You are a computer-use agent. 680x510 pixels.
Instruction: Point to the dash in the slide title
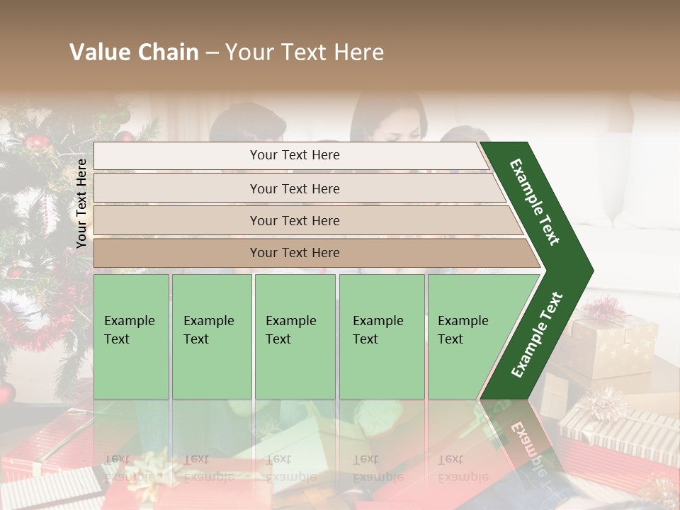coord(211,53)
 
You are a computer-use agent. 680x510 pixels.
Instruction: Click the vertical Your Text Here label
coord(82,203)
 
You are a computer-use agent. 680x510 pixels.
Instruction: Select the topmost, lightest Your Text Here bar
coord(294,155)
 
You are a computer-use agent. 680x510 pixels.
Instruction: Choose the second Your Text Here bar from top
coord(294,188)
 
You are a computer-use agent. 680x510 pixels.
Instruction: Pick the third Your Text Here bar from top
coord(294,220)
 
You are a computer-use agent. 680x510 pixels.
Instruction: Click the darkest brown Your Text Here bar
coord(294,253)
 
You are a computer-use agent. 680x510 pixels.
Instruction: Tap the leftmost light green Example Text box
coord(131,336)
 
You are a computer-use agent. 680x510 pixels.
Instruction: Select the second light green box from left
coord(211,336)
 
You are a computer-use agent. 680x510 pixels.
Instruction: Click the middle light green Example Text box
coord(295,336)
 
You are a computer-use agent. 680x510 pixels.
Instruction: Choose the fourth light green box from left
coord(382,336)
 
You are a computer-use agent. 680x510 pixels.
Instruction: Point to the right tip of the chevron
coord(591,271)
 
